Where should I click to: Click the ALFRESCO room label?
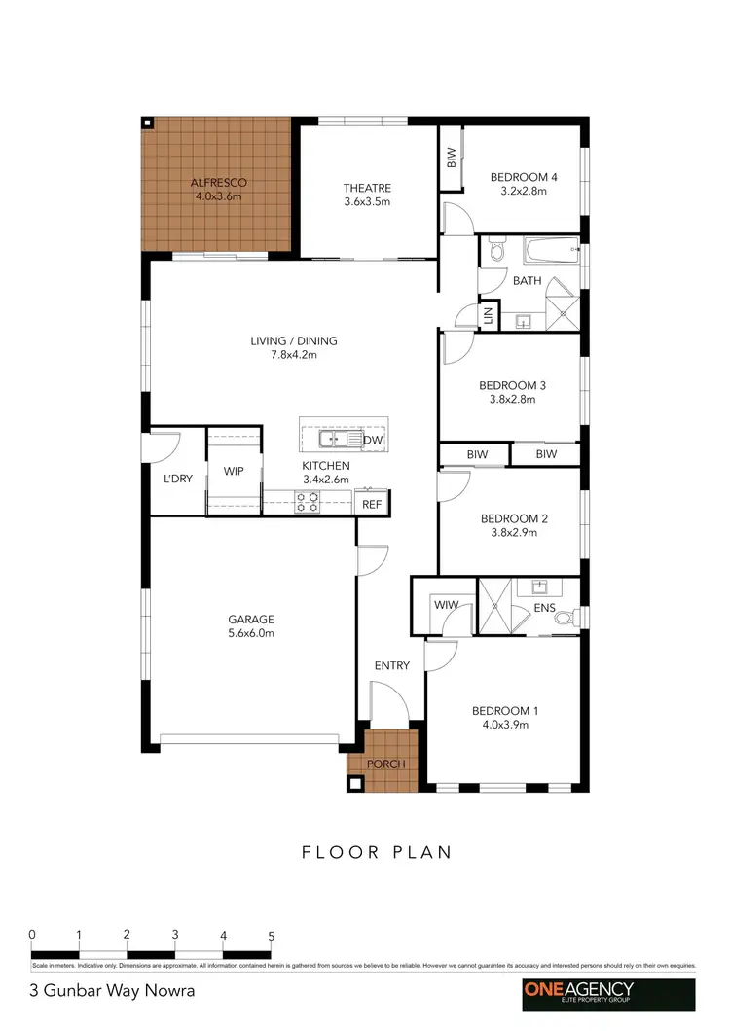(218, 183)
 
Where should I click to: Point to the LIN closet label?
(486, 315)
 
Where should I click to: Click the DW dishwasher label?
(372, 441)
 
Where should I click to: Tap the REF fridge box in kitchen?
(372, 504)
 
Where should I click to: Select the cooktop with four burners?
(308, 502)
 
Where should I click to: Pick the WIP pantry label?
(234, 472)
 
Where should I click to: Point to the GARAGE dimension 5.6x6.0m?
(251, 633)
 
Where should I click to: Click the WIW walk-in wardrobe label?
(446, 605)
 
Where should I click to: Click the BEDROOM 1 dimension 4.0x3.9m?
(505, 725)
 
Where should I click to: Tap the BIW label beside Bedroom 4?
(451, 156)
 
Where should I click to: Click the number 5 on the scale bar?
(271, 936)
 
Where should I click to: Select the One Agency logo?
(606, 993)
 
